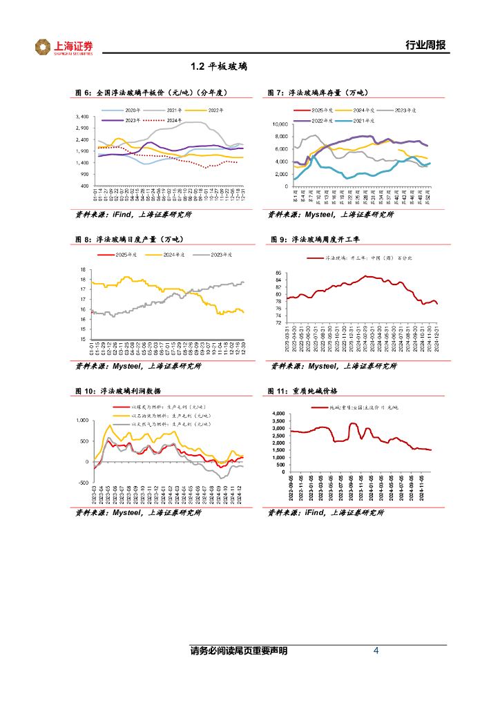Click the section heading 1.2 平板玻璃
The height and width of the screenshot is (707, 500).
(218, 67)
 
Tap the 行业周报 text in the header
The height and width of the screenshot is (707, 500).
(425, 46)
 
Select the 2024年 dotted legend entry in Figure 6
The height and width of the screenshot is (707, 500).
(173, 120)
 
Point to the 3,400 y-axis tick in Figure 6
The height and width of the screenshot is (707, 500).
(81, 117)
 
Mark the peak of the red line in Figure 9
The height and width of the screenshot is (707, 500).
(367, 276)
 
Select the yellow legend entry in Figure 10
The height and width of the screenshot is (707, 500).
(160, 416)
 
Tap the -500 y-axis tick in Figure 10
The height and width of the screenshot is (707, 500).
(82, 483)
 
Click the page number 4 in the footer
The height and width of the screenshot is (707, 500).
(376, 650)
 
